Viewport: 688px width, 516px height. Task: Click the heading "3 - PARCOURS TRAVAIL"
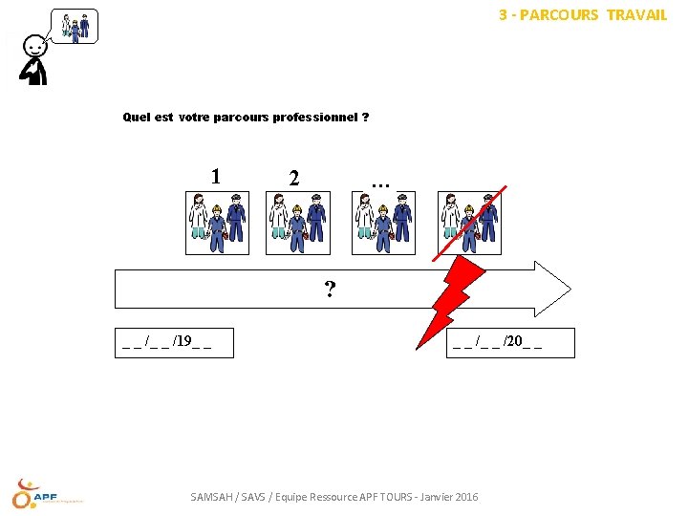pos(583,15)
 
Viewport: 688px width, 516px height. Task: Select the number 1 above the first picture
pos(215,177)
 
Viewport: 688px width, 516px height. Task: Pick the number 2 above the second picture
pos(294,178)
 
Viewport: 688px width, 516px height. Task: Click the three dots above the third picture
pos(380,185)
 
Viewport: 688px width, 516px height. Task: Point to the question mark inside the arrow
pos(330,290)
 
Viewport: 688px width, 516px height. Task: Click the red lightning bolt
pos(451,303)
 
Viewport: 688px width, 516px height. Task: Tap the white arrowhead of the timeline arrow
pos(553,290)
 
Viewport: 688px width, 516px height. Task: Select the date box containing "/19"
pos(174,343)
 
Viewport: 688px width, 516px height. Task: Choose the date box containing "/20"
pos(510,343)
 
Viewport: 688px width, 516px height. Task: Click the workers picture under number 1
pos(217,223)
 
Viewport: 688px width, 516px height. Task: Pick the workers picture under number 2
pos(298,223)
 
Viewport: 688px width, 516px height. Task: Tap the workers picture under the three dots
pos(383,223)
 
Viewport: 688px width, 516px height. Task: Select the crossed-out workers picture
pos(469,223)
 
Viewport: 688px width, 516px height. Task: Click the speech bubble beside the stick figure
pos(75,27)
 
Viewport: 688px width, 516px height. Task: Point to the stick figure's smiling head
pos(34,47)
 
